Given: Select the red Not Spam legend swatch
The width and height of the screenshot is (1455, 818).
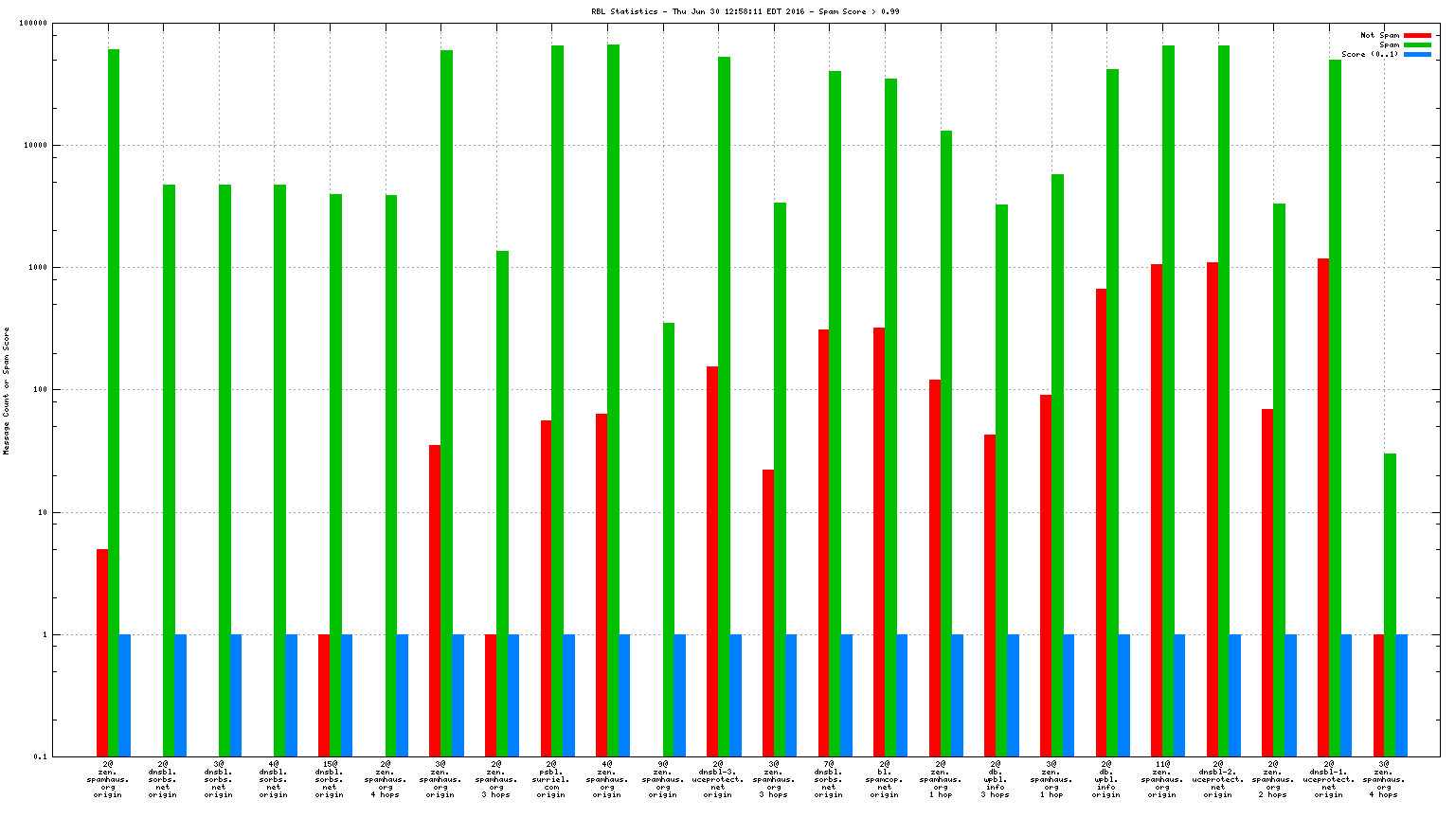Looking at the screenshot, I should (x=1417, y=36).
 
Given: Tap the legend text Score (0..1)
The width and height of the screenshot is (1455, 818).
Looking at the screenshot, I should (x=1370, y=55).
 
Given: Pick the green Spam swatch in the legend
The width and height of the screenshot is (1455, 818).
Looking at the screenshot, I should (x=1417, y=45).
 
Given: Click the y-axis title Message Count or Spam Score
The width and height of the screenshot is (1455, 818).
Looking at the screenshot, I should (x=7, y=391).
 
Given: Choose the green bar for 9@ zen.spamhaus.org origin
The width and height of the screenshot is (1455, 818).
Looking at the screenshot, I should (x=668, y=540).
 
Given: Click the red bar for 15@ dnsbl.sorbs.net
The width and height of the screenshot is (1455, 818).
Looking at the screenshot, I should (x=324, y=695).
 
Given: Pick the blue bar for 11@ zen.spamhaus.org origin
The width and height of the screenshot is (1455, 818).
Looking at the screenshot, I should (x=1179, y=695).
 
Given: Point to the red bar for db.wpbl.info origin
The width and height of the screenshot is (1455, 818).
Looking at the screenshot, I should (x=1102, y=521).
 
